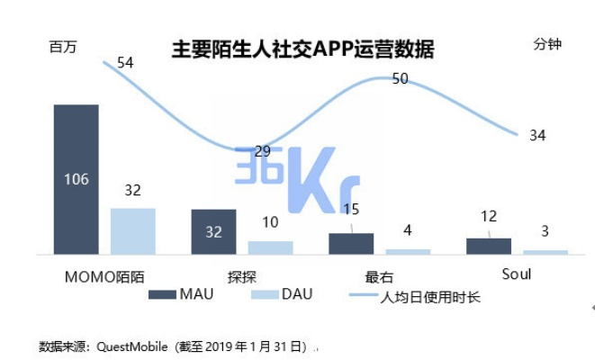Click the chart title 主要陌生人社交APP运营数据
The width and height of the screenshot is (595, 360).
302,49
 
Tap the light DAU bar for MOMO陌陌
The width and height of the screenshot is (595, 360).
133,231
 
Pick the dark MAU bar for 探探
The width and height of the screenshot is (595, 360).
213,232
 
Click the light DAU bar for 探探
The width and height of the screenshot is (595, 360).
271,247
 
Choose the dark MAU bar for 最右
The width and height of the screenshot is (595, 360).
351,244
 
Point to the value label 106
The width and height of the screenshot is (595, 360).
77,179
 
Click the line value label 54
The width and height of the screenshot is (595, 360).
125,63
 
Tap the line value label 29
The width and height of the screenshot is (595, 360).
262,151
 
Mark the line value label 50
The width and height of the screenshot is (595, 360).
401,79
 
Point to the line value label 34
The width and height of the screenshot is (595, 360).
537,136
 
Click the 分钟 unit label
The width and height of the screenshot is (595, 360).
547,44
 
